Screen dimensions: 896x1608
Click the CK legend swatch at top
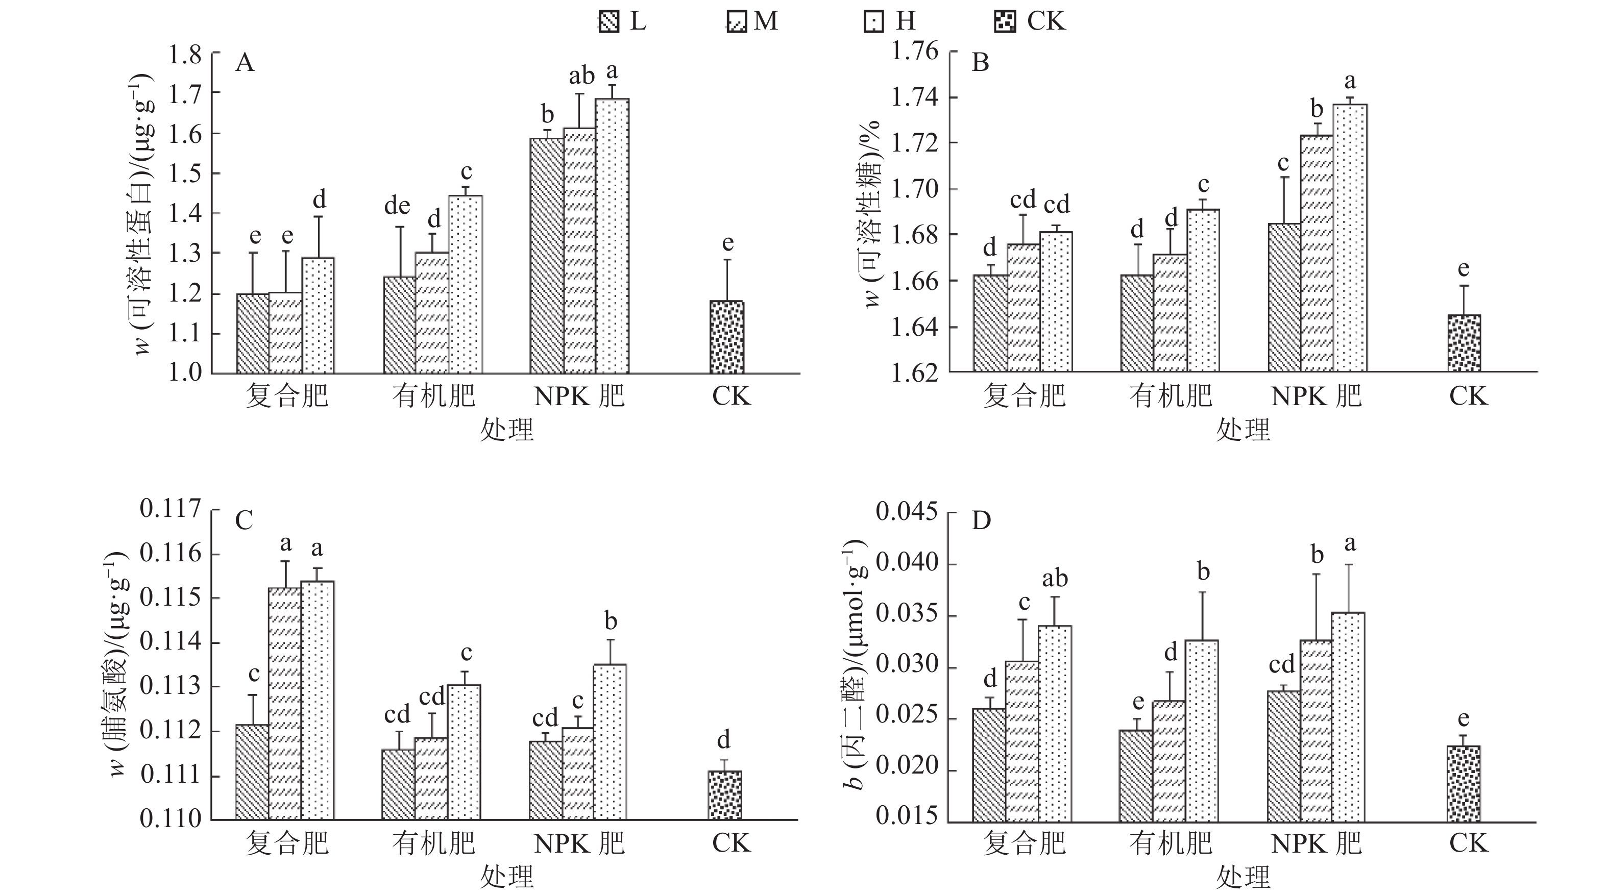1004,22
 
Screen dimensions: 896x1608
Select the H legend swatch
874,22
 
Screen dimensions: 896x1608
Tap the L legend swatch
608,22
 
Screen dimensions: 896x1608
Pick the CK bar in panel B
1464,343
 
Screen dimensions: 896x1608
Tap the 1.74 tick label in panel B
914,97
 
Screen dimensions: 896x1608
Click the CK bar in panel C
725,795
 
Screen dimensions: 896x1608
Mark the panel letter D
981,520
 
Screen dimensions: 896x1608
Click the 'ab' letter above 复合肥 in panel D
1055,579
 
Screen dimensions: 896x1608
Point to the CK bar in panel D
1464,784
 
